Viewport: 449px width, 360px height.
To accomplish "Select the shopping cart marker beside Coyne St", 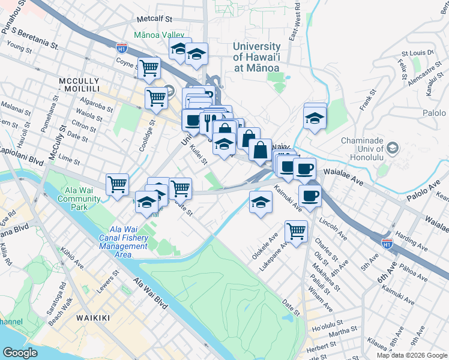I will coord(148,68).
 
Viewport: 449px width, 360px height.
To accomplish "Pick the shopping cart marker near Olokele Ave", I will coord(296,230).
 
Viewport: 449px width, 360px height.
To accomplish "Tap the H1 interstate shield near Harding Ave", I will coord(387,243).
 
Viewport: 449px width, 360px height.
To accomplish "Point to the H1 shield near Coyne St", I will coord(122,46).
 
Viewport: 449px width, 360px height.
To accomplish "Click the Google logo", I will coord(20,352).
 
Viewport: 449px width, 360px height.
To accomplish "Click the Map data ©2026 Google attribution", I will coord(412,355).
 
